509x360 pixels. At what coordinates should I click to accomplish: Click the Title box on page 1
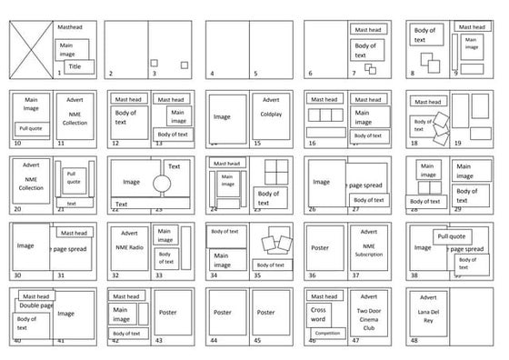pos(75,66)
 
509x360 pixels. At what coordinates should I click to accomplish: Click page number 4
pos(212,74)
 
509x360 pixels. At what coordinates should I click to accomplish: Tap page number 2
pos(111,74)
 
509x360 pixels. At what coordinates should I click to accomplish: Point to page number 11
pos(61,143)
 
